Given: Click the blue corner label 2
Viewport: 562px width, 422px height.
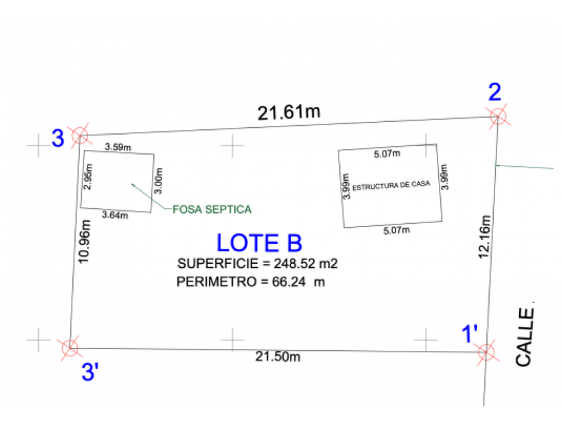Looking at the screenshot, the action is [494, 92].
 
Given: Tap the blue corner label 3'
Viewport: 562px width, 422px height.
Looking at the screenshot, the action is [90, 371].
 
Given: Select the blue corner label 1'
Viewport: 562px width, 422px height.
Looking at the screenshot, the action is [470, 334].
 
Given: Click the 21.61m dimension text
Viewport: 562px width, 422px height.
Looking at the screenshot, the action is [289, 112].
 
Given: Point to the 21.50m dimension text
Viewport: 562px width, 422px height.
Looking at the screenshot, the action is [278, 356].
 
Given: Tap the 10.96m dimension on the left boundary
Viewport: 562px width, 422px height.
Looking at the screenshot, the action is [84, 242].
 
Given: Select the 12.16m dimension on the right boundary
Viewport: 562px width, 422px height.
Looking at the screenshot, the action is [484, 237].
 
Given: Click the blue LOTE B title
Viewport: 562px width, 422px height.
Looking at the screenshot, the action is [260, 243].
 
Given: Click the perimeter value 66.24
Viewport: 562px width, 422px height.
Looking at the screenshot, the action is [289, 282].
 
